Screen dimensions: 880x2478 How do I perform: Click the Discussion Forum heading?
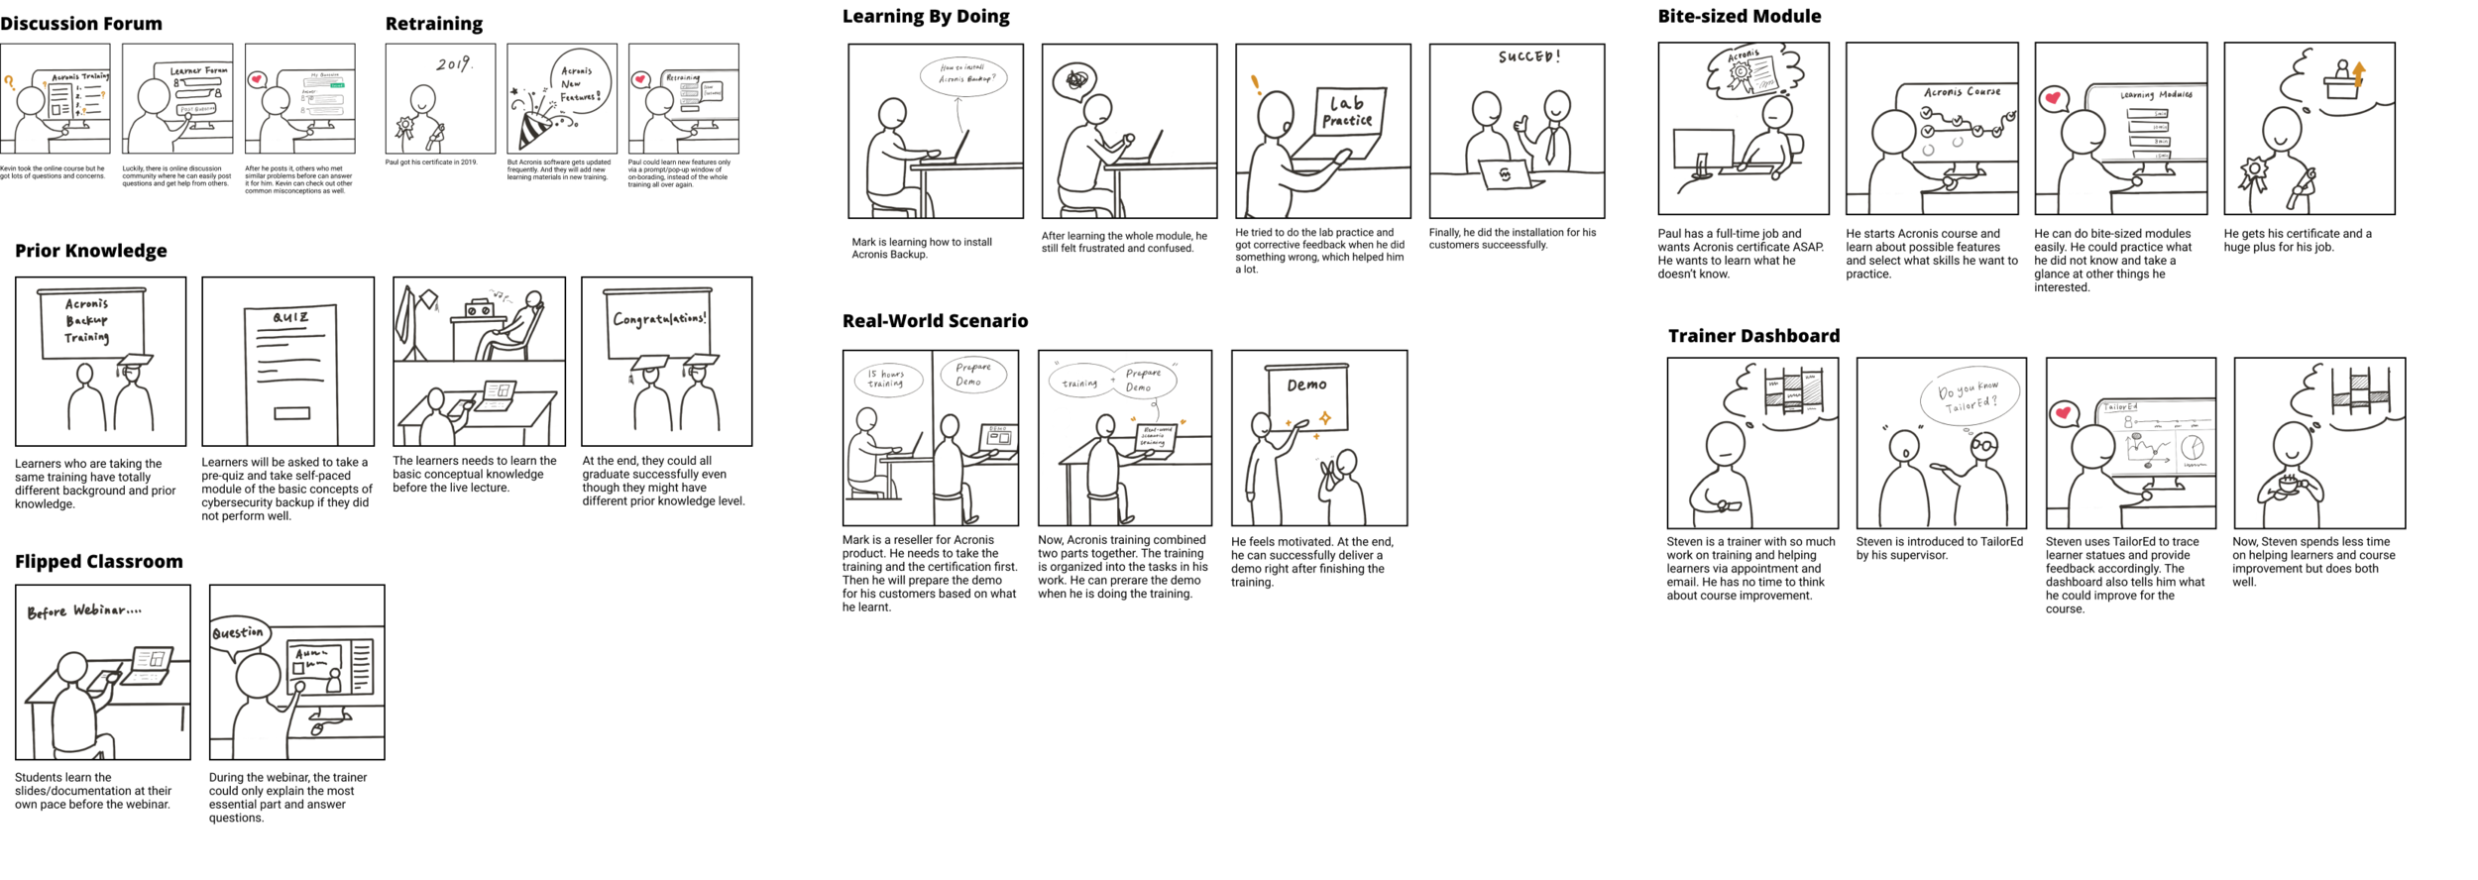(x=81, y=24)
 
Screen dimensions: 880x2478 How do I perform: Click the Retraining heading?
(x=434, y=24)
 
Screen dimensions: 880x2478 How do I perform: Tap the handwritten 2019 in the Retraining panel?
(x=454, y=63)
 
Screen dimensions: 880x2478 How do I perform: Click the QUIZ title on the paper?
(x=290, y=317)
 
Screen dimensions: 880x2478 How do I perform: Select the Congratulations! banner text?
(x=659, y=319)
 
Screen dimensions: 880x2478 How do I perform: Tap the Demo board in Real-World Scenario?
(x=1306, y=396)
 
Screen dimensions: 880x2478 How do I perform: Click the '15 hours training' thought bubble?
(x=886, y=379)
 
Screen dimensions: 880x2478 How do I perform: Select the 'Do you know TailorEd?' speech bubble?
(x=1968, y=396)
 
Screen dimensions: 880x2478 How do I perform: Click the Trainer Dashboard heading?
(x=1753, y=336)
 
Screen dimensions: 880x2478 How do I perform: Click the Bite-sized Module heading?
(x=1740, y=16)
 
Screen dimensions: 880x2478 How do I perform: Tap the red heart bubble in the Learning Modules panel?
(x=2052, y=98)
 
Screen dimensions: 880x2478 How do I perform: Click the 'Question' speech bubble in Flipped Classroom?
(x=238, y=633)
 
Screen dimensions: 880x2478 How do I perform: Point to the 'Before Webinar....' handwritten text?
(x=84, y=611)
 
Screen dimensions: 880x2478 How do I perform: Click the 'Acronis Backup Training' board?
(x=89, y=321)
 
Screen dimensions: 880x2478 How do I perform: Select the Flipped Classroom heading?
(x=99, y=562)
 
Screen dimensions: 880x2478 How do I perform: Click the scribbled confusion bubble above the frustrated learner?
(x=1076, y=78)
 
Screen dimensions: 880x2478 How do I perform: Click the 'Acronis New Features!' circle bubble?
(x=580, y=83)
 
